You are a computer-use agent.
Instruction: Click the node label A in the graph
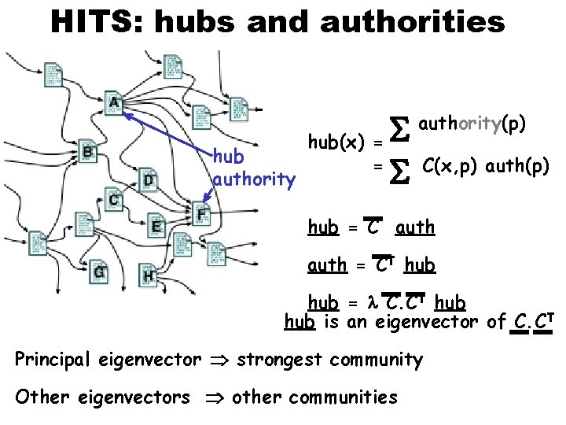tap(115, 102)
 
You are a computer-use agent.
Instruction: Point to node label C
tap(115, 200)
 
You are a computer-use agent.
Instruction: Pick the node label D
tap(149, 181)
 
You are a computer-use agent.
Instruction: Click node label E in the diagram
tap(156, 227)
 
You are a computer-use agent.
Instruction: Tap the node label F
tap(202, 213)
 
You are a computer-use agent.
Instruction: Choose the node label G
tap(99, 272)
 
